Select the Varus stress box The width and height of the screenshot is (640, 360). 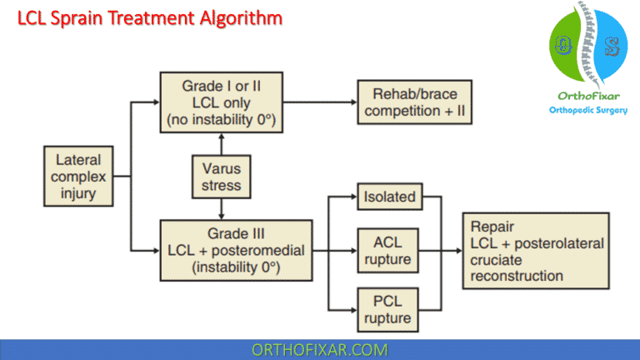coord(221,177)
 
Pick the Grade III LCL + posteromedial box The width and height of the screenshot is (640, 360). coord(236,248)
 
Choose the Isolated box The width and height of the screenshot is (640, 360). coord(387,198)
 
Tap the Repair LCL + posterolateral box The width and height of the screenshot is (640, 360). coord(537,251)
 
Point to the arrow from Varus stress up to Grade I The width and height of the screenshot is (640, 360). coord(221,143)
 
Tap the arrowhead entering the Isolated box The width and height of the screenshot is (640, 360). coord(352,198)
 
